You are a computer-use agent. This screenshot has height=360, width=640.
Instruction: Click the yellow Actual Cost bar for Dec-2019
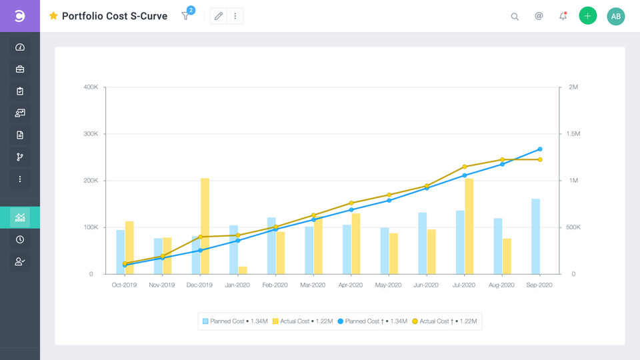[205, 226]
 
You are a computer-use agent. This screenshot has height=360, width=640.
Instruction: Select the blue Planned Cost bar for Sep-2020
[536, 236]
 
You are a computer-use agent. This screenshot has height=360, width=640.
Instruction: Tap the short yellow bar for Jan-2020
[243, 270]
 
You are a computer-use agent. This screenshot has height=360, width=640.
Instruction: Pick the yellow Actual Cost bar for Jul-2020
[469, 226]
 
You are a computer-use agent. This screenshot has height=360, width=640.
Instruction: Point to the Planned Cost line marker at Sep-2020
[540, 149]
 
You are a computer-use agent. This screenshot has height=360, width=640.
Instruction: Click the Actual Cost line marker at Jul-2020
[465, 167]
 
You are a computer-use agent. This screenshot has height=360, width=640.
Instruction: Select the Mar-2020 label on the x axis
[313, 285]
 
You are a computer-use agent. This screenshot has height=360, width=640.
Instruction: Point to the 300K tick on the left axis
[90, 134]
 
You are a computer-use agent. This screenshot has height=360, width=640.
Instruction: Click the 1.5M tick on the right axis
[573, 134]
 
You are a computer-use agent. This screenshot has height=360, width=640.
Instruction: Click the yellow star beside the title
[53, 16]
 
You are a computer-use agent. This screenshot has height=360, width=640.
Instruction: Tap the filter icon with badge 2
[185, 16]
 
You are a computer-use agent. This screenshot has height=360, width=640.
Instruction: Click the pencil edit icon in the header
[218, 16]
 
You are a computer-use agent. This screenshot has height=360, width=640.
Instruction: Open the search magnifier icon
[515, 17]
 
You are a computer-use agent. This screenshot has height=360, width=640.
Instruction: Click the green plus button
[587, 16]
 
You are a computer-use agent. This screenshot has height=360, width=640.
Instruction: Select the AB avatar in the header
[616, 16]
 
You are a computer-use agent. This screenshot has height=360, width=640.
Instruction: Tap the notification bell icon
[563, 16]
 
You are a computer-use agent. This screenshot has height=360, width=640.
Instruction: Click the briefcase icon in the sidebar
[20, 69]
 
